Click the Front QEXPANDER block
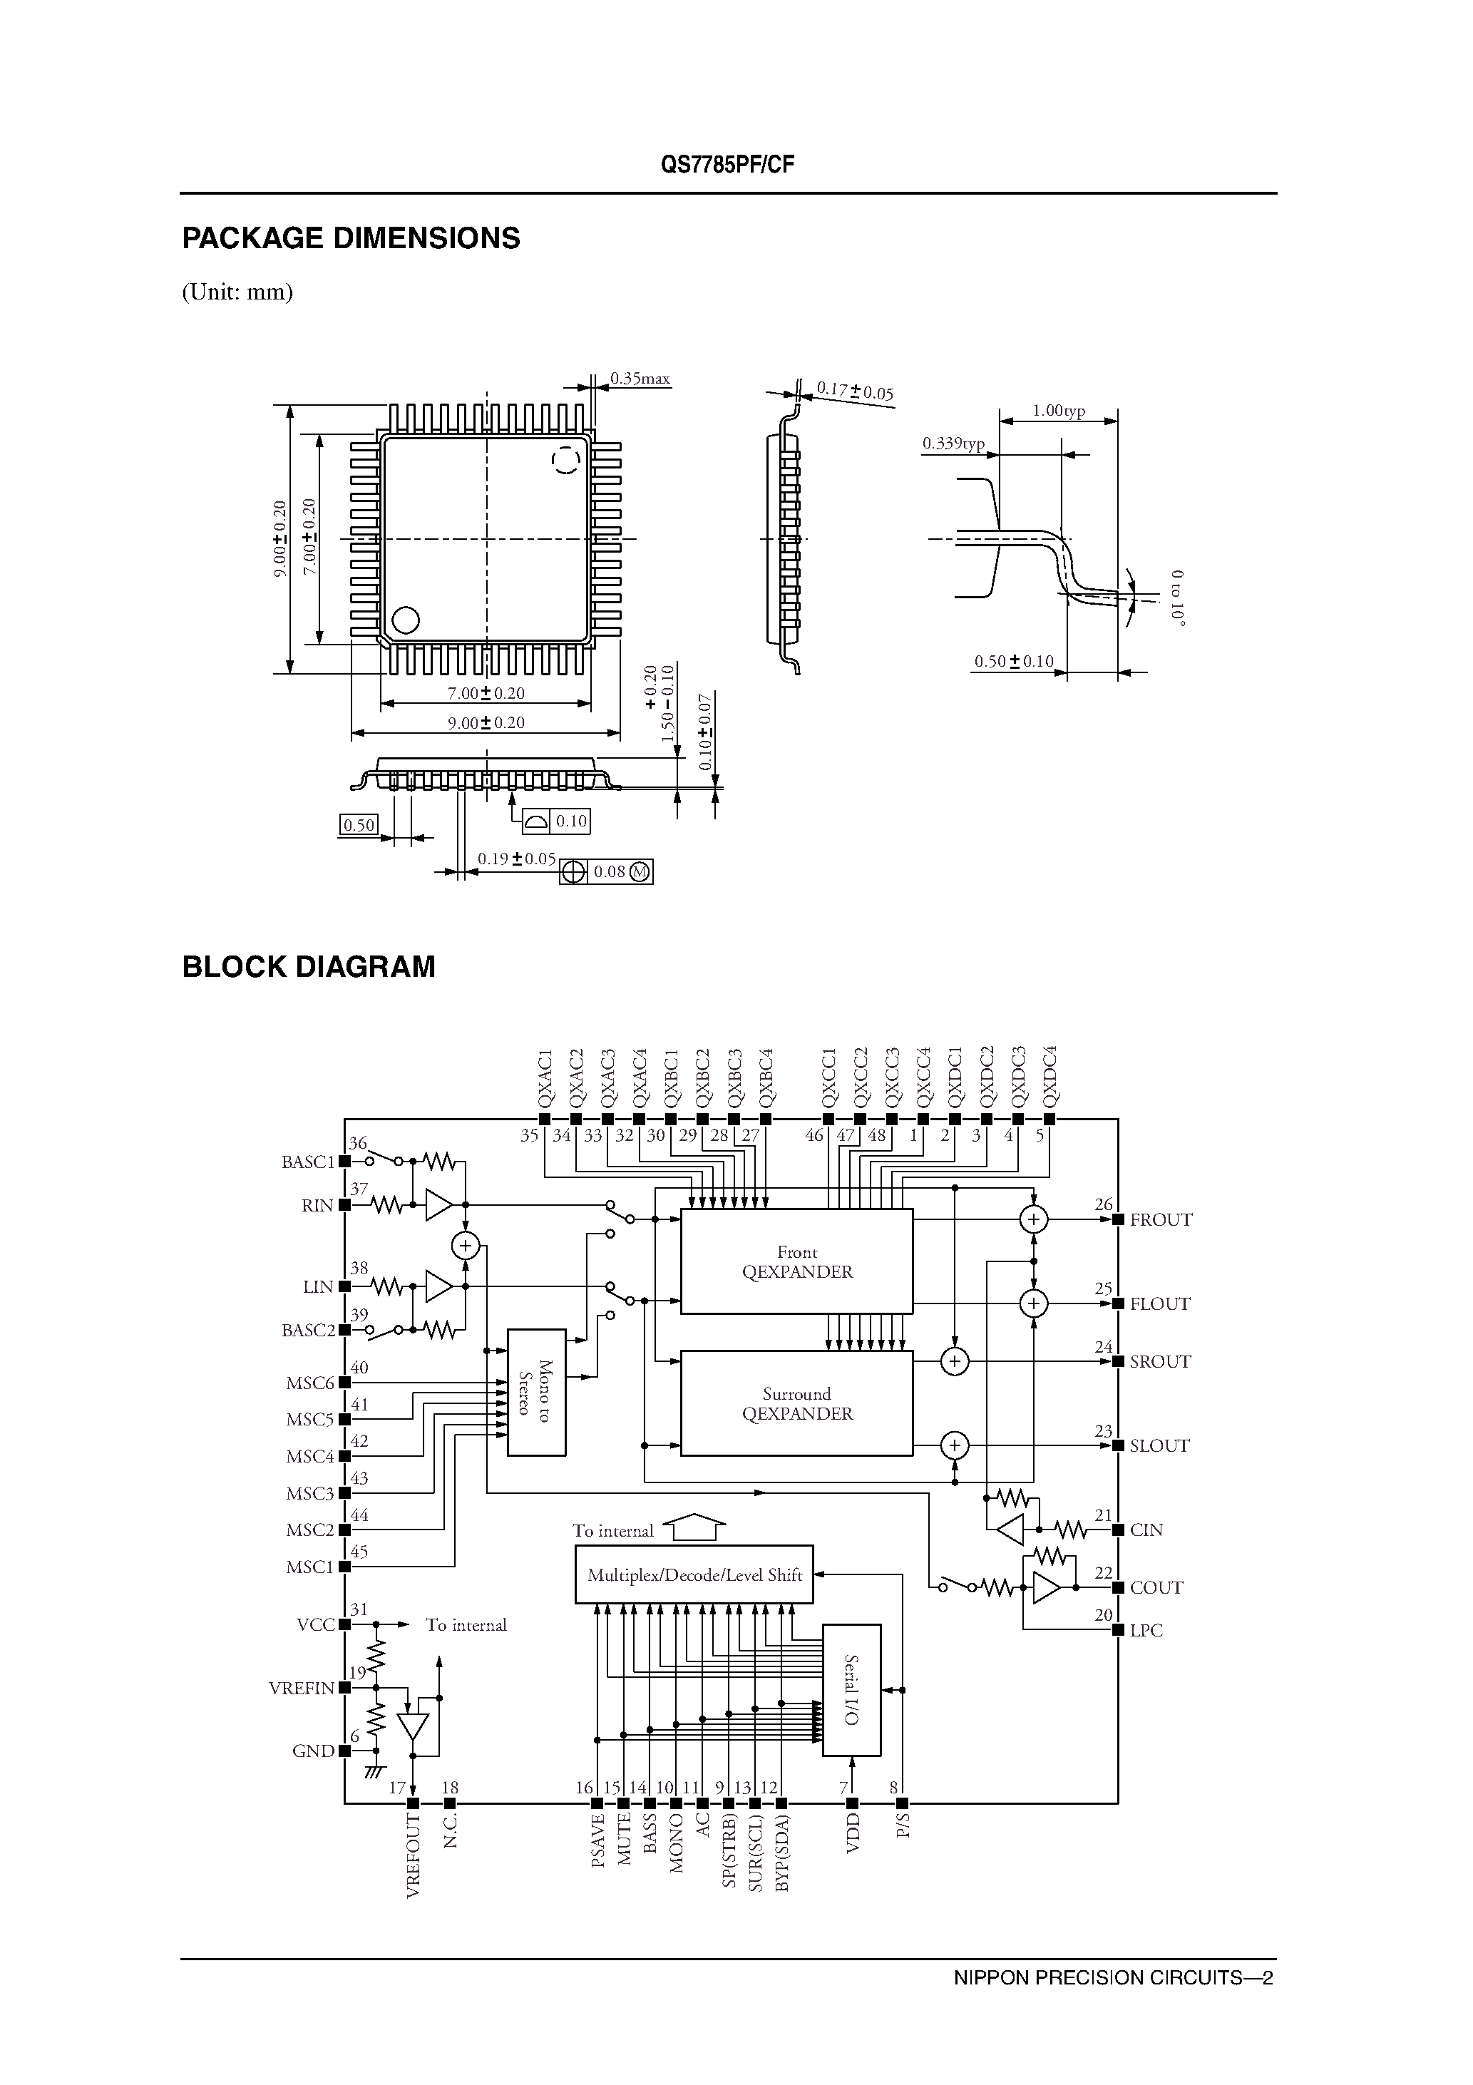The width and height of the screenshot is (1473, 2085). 796,1261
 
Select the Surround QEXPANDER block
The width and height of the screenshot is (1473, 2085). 796,1403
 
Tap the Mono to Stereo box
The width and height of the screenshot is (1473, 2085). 536,1391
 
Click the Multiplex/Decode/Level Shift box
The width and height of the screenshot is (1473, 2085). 694,1574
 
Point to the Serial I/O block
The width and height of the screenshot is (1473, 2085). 851,1690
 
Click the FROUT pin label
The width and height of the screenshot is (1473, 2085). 1161,1219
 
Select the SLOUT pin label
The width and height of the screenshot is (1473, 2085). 1159,1445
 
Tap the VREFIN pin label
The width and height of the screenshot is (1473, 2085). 302,1688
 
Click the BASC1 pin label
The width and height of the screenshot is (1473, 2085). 308,1162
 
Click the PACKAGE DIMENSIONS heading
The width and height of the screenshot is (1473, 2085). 351,238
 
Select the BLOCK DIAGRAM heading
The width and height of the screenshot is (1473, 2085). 309,966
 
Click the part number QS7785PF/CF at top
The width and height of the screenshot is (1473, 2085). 727,165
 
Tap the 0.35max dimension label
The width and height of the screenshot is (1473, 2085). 640,379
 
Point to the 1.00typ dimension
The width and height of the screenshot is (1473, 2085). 1058,411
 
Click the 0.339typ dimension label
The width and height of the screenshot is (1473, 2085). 953,443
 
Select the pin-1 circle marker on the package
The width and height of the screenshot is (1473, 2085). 405,620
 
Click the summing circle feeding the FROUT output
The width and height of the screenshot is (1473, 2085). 1034,1219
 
